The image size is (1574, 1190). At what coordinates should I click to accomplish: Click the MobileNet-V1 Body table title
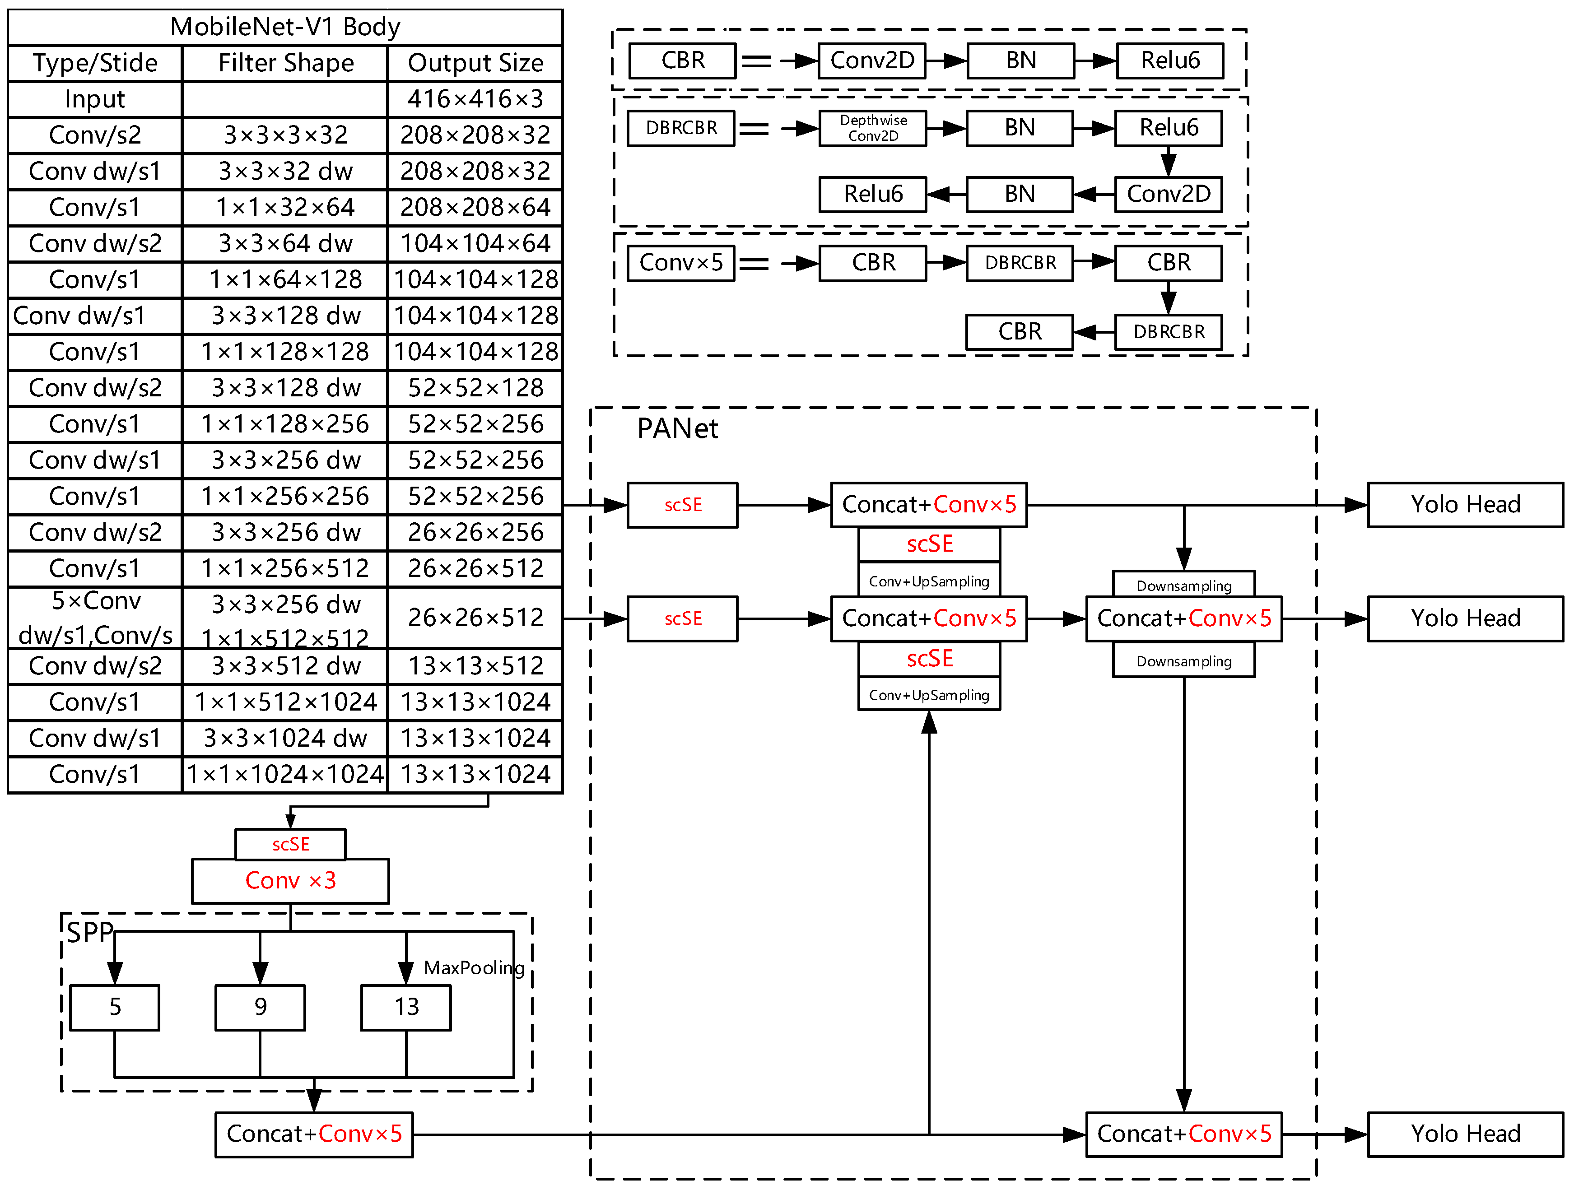(x=284, y=27)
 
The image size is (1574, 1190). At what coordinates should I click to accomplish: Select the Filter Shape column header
(x=285, y=63)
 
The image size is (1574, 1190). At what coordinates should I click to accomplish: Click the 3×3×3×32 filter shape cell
(x=285, y=135)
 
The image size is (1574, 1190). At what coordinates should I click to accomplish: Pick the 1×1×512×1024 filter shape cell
(x=285, y=702)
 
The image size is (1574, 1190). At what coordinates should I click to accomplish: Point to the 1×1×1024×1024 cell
(x=285, y=774)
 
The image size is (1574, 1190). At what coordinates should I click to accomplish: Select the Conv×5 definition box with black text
(x=681, y=263)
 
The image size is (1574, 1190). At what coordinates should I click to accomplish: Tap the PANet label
(x=677, y=429)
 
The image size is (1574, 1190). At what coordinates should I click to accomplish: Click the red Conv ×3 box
(x=290, y=881)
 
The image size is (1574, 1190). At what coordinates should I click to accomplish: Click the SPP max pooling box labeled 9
(x=261, y=1007)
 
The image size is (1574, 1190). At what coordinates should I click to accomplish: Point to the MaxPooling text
(x=474, y=968)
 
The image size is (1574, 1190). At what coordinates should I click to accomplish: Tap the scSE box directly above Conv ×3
(x=290, y=844)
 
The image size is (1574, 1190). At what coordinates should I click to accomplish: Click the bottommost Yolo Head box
(x=1465, y=1134)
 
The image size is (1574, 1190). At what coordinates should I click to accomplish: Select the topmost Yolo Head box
(x=1465, y=505)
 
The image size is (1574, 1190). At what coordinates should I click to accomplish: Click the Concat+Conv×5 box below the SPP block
(x=314, y=1134)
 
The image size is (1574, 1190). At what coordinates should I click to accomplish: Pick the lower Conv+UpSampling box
(x=929, y=695)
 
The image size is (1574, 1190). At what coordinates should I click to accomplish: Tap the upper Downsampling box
(x=1183, y=586)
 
